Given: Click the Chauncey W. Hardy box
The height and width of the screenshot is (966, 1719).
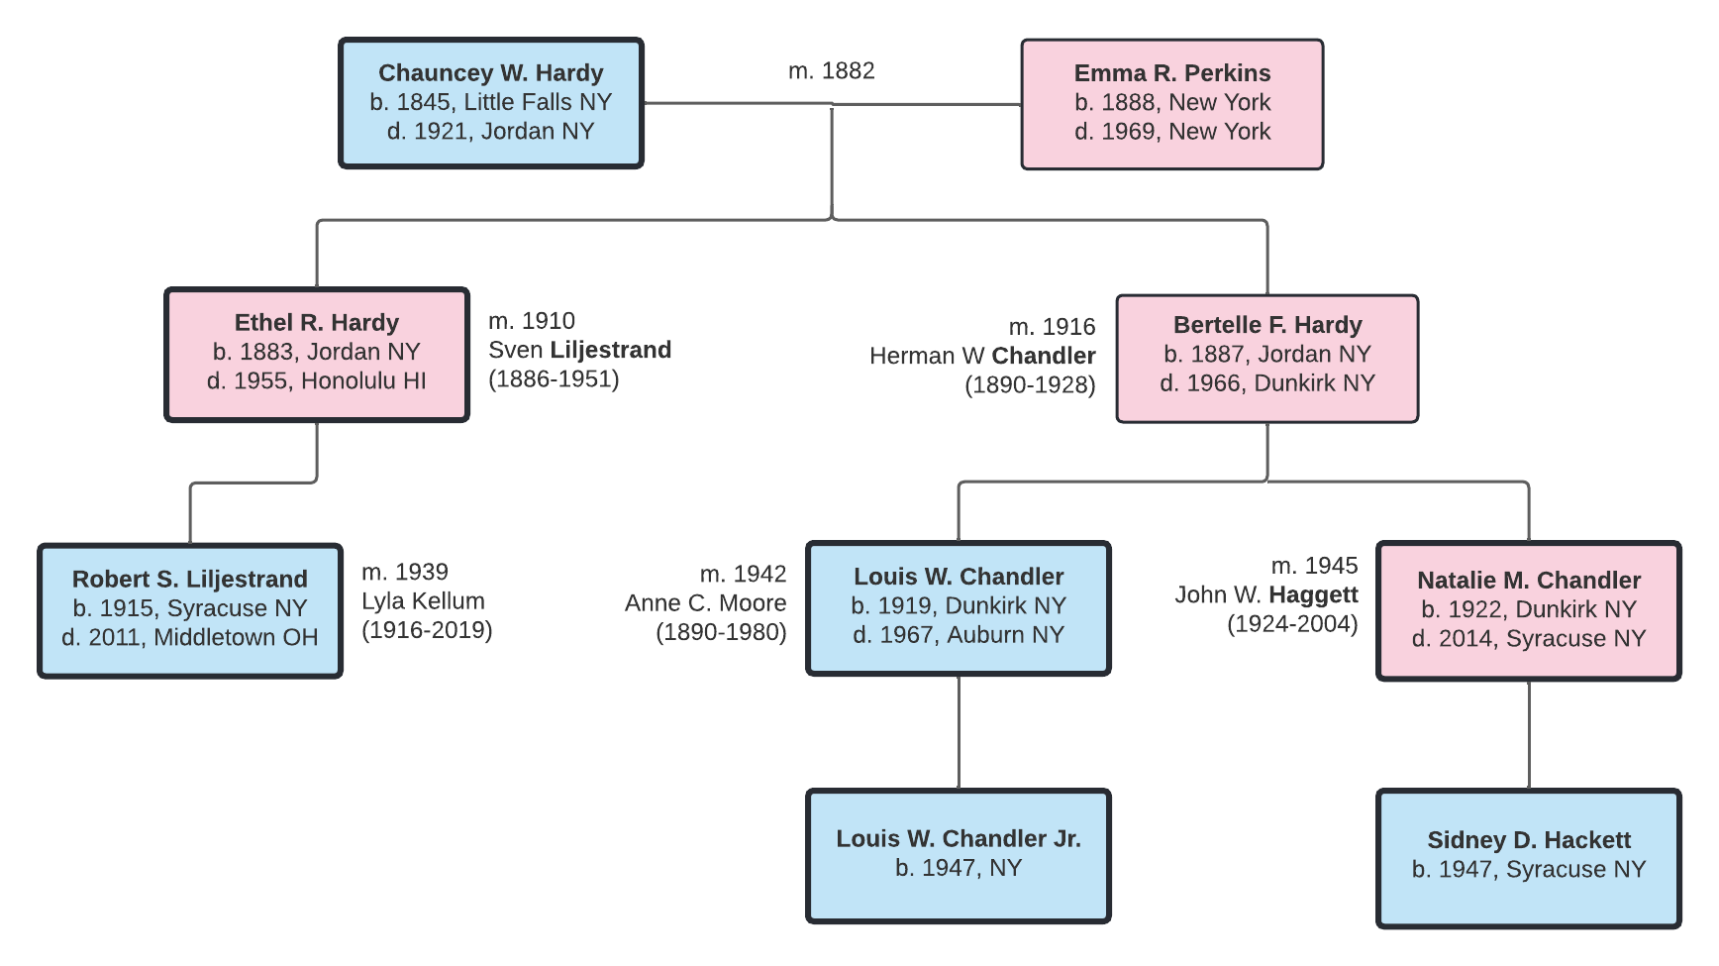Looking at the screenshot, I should click(491, 103).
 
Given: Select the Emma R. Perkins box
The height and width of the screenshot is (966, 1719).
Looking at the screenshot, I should click(1171, 104).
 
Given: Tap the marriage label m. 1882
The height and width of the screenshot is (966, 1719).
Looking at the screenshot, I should click(831, 71).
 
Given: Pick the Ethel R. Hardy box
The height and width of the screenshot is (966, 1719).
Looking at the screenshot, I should click(317, 355).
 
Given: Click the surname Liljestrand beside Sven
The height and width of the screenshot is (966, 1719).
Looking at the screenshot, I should click(610, 350).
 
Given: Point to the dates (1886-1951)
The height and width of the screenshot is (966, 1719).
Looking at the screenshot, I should click(554, 378).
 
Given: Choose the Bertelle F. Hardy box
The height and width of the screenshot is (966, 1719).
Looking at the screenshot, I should click(1266, 358).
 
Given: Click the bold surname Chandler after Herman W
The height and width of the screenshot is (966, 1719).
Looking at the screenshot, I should click(1043, 356).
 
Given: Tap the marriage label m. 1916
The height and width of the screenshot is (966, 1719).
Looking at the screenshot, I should click(1052, 327).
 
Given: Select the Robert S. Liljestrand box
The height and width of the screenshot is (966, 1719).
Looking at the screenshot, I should click(190, 610).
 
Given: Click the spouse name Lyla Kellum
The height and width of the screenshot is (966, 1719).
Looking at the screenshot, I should click(423, 601).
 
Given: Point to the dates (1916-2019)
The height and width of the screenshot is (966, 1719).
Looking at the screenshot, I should click(427, 630).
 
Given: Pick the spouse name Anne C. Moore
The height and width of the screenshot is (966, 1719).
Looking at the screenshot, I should click(705, 603).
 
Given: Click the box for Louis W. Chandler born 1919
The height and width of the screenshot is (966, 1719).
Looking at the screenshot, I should click(958, 608).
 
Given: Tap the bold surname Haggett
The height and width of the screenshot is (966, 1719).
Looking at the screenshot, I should click(1313, 594).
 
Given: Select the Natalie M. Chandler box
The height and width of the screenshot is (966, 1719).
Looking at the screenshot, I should click(1528, 610).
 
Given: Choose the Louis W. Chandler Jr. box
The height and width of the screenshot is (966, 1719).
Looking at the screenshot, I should click(958, 856).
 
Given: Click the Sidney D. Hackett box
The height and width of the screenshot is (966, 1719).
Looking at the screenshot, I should click(1528, 858).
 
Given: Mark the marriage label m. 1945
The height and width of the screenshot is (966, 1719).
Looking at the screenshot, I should click(1314, 566).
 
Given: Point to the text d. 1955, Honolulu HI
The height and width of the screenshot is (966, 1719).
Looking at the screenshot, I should click(317, 381).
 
